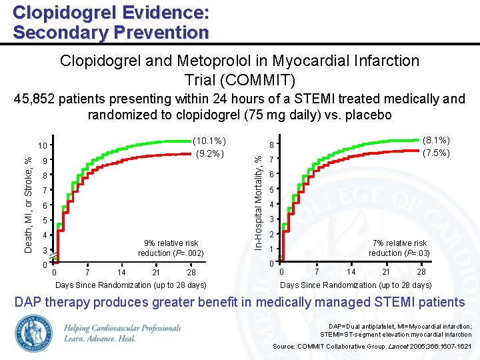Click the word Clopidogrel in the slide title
click(x=54, y=12)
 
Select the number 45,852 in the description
click(x=35, y=99)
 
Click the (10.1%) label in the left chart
click(x=209, y=141)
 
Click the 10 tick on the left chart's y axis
click(x=41, y=146)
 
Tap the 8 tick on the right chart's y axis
click(x=271, y=145)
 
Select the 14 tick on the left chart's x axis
click(x=121, y=273)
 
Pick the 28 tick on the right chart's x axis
click(x=421, y=272)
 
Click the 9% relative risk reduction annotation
click(x=171, y=248)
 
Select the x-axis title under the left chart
click(x=130, y=285)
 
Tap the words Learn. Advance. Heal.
click(x=100, y=339)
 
